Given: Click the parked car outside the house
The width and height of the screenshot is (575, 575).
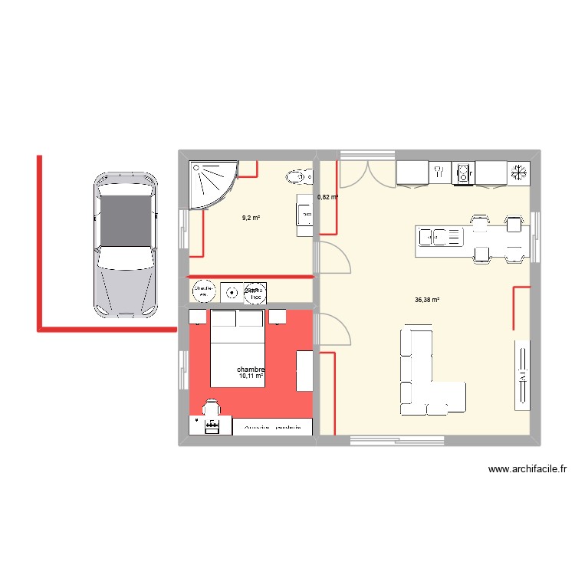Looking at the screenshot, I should coord(126,244).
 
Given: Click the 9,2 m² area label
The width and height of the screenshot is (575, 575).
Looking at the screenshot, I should coord(251,218).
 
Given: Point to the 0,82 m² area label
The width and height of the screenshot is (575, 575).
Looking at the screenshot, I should coord(327,197).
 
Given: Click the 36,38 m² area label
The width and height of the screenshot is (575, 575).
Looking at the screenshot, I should coord(426,300).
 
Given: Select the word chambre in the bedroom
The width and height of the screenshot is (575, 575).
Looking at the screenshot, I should coord(251,369).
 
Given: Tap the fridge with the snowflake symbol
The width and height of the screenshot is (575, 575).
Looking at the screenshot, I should coord(519,173).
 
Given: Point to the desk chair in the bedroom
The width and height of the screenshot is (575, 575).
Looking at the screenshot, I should coord(210,408).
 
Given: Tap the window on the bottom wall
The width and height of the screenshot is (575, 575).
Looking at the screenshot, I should coord(397,440).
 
